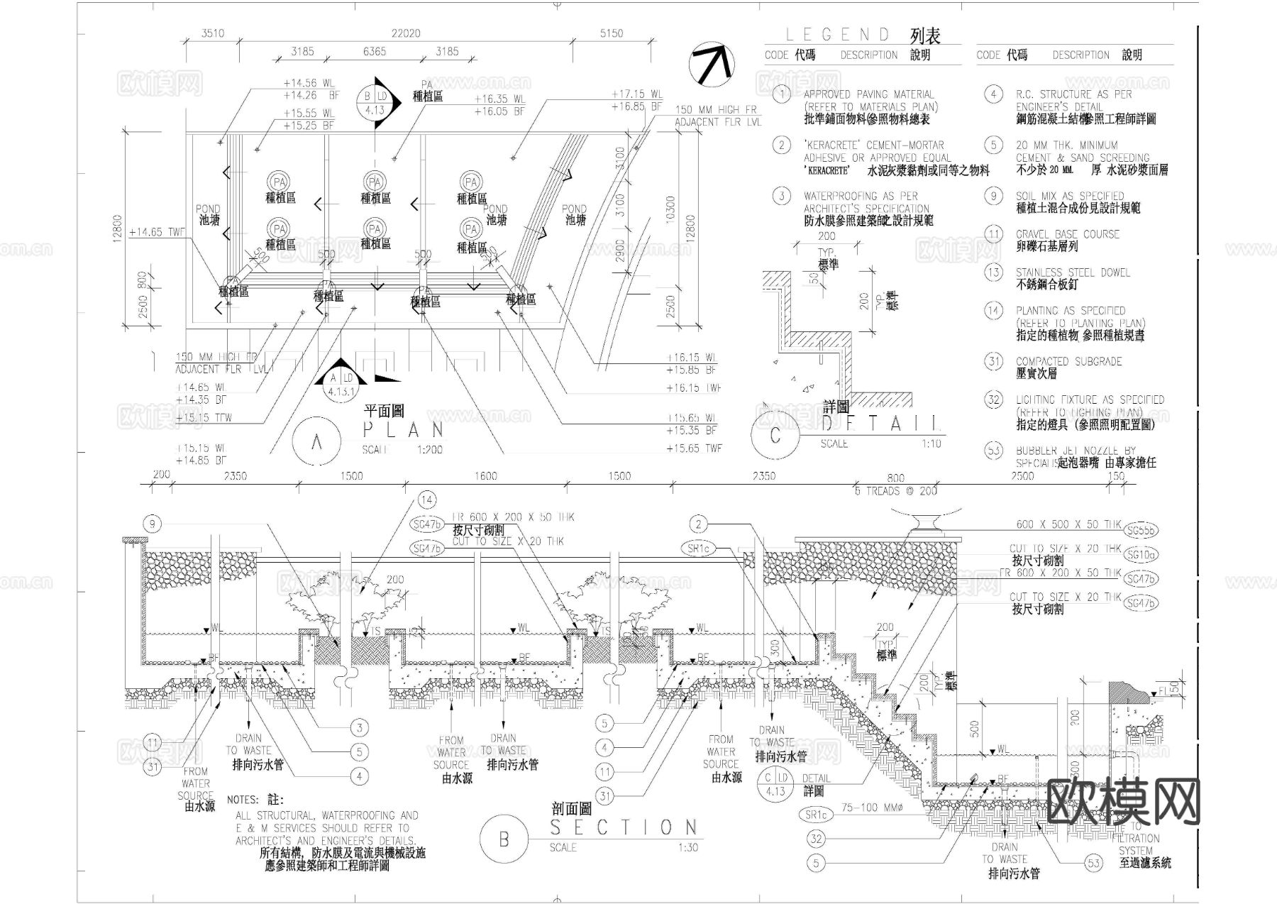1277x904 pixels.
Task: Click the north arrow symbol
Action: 711,64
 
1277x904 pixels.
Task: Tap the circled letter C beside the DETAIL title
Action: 775,434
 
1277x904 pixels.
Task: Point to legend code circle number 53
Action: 993,451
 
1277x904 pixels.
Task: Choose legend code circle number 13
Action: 993,272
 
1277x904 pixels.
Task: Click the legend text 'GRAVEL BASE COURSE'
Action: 1067,234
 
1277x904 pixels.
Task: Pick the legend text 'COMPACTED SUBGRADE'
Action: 1068,362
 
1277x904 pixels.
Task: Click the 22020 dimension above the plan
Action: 406,33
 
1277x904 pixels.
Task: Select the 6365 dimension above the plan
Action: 375,52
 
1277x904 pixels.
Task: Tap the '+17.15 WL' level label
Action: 636,94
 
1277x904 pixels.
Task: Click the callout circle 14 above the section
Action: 426,500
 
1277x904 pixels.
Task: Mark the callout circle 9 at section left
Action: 153,524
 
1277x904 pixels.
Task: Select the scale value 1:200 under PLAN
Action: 430,450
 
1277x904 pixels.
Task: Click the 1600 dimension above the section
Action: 485,476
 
